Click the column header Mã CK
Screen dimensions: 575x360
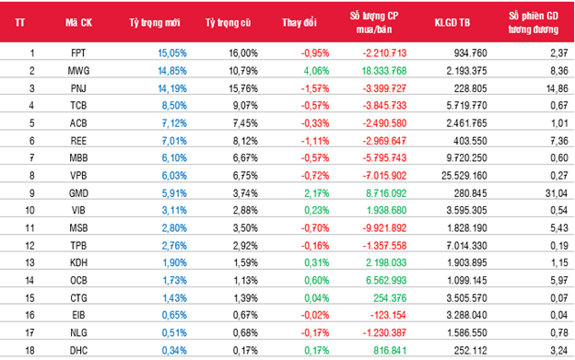tap(78, 23)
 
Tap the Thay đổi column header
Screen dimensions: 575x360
tap(299, 23)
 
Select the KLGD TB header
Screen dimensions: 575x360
tap(452, 23)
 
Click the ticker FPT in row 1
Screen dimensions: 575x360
tap(78, 53)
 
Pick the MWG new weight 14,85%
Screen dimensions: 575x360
tap(172, 71)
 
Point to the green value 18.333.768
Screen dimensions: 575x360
tap(384, 71)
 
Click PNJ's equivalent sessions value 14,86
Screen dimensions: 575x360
tap(557, 88)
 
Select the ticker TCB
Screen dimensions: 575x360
tap(78, 106)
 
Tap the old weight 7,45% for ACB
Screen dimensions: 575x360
tap(245, 123)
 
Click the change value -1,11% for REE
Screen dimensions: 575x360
tap(315, 141)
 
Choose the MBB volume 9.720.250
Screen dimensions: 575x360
tap(466, 157)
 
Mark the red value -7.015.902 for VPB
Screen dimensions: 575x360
tap(384, 176)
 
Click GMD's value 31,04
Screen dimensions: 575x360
tap(557, 193)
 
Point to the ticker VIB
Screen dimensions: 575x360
tap(78, 210)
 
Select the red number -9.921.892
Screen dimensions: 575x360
tap(384, 227)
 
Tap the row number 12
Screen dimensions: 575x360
tap(29, 246)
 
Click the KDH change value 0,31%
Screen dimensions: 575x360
tap(316, 262)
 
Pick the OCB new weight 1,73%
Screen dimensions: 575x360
tap(174, 280)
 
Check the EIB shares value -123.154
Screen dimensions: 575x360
tap(388, 315)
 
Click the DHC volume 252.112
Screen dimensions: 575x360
tap(470, 351)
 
